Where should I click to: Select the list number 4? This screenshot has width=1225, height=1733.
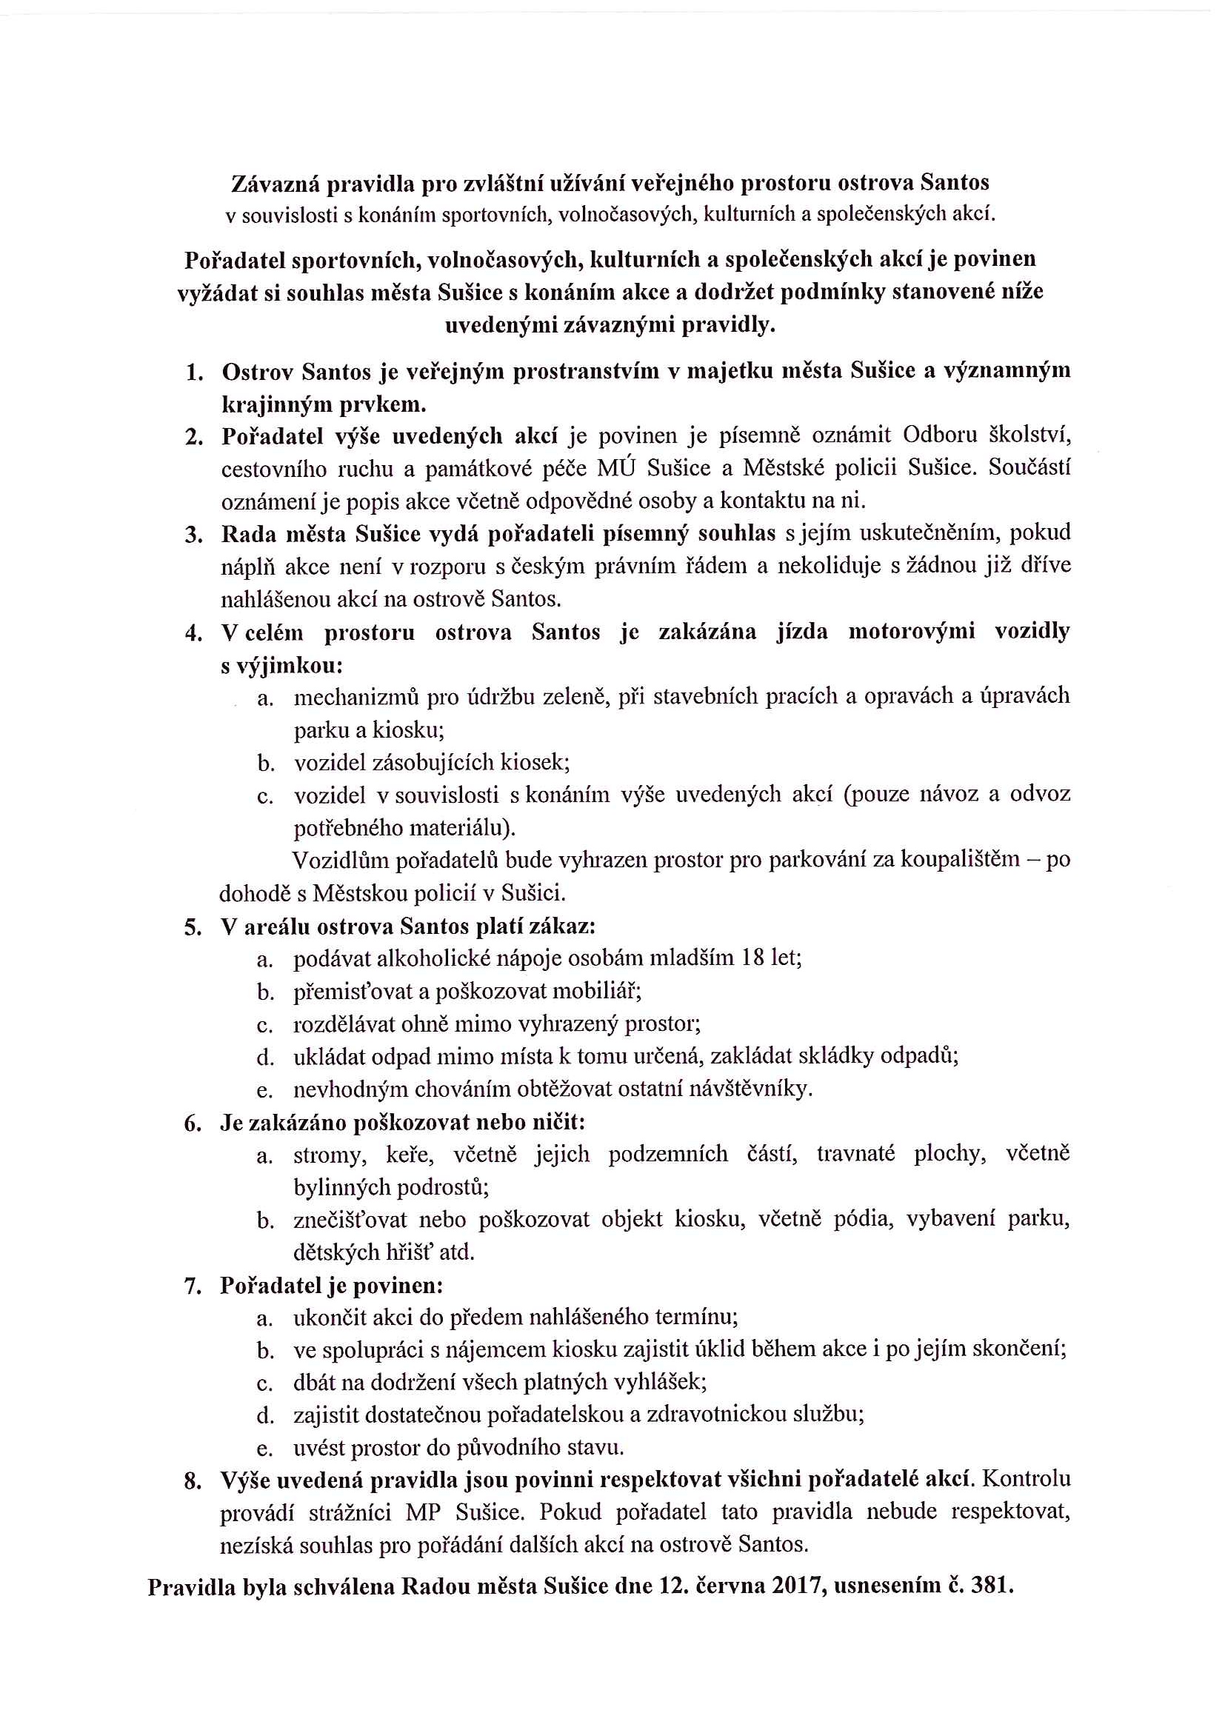point(193,633)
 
